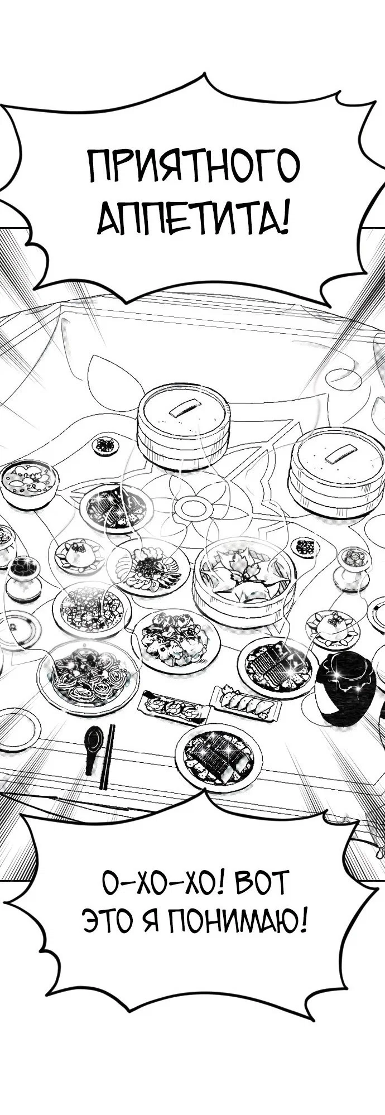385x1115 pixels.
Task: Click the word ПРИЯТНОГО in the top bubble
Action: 194,166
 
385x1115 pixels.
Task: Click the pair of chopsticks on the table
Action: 107,756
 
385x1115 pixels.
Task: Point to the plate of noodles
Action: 88,675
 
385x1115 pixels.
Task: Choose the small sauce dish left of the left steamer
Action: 105,445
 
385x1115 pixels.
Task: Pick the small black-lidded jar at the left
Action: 23,578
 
